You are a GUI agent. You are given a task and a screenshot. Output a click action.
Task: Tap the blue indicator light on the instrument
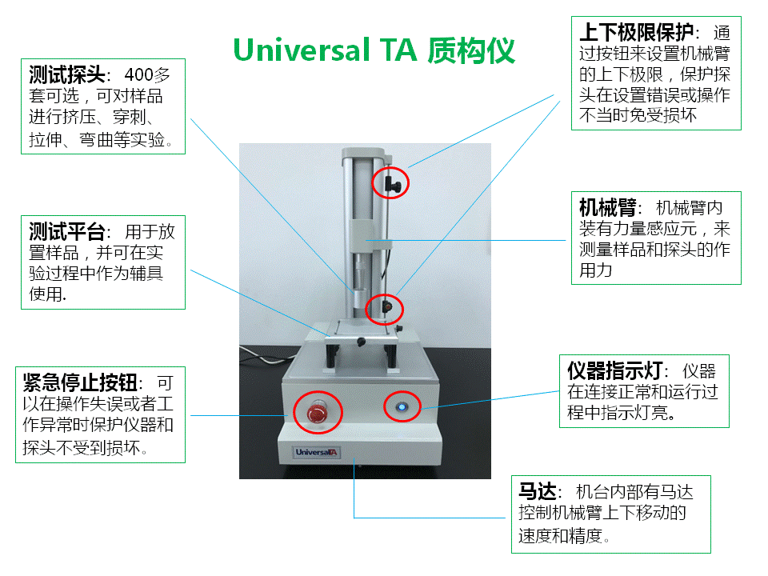[402, 407]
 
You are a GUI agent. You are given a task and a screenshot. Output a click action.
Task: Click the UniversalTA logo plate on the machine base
[317, 452]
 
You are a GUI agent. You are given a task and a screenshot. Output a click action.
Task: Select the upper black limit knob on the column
[393, 184]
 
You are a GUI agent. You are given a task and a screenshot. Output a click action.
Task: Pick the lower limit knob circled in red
[387, 307]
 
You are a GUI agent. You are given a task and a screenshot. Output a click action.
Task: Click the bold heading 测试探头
[67, 74]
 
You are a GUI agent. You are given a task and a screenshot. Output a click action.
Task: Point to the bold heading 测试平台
[67, 231]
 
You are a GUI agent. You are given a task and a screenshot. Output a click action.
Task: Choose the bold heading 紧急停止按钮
[80, 382]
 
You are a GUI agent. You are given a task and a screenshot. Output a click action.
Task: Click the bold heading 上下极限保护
[636, 32]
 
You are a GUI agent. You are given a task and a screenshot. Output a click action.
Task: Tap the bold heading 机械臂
[607, 208]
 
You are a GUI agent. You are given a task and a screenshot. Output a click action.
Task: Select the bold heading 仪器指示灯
[614, 370]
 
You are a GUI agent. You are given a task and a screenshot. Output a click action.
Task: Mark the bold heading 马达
[538, 490]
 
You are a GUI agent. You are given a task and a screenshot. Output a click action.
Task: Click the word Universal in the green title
[302, 50]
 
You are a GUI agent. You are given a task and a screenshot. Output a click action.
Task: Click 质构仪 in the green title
[471, 50]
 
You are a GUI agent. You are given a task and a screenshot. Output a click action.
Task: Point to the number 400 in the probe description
[138, 75]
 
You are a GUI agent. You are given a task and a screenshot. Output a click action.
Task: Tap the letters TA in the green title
[398, 50]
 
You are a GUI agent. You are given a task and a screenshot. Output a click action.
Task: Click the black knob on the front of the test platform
[361, 342]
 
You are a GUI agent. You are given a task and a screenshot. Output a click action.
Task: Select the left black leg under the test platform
[332, 355]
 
